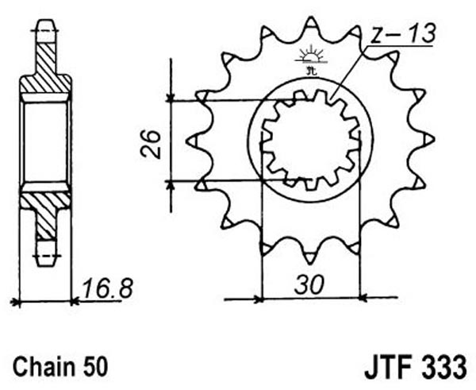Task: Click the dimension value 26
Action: pyautogui.click(x=151, y=144)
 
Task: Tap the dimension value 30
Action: pyautogui.click(x=309, y=285)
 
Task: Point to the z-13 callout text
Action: pyautogui.click(x=404, y=33)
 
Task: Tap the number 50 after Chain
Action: pyautogui.click(x=97, y=366)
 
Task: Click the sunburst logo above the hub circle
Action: pyautogui.click(x=310, y=60)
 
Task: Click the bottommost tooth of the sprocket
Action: pyautogui.click(x=309, y=258)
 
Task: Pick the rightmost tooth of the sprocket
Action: pyautogui.click(x=428, y=140)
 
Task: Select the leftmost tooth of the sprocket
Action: pyautogui.click(x=193, y=141)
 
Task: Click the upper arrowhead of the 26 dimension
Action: pyautogui.click(x=171, y=97)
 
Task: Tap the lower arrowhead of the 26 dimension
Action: pyautogui.click(x=171, y=184)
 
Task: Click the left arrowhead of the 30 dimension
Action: pyautogui.click(x=259, y=299)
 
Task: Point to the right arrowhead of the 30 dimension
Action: pyautogui.click(x=363, y=298)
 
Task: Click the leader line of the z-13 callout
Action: pyautogui.click(x=349, y=72)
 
